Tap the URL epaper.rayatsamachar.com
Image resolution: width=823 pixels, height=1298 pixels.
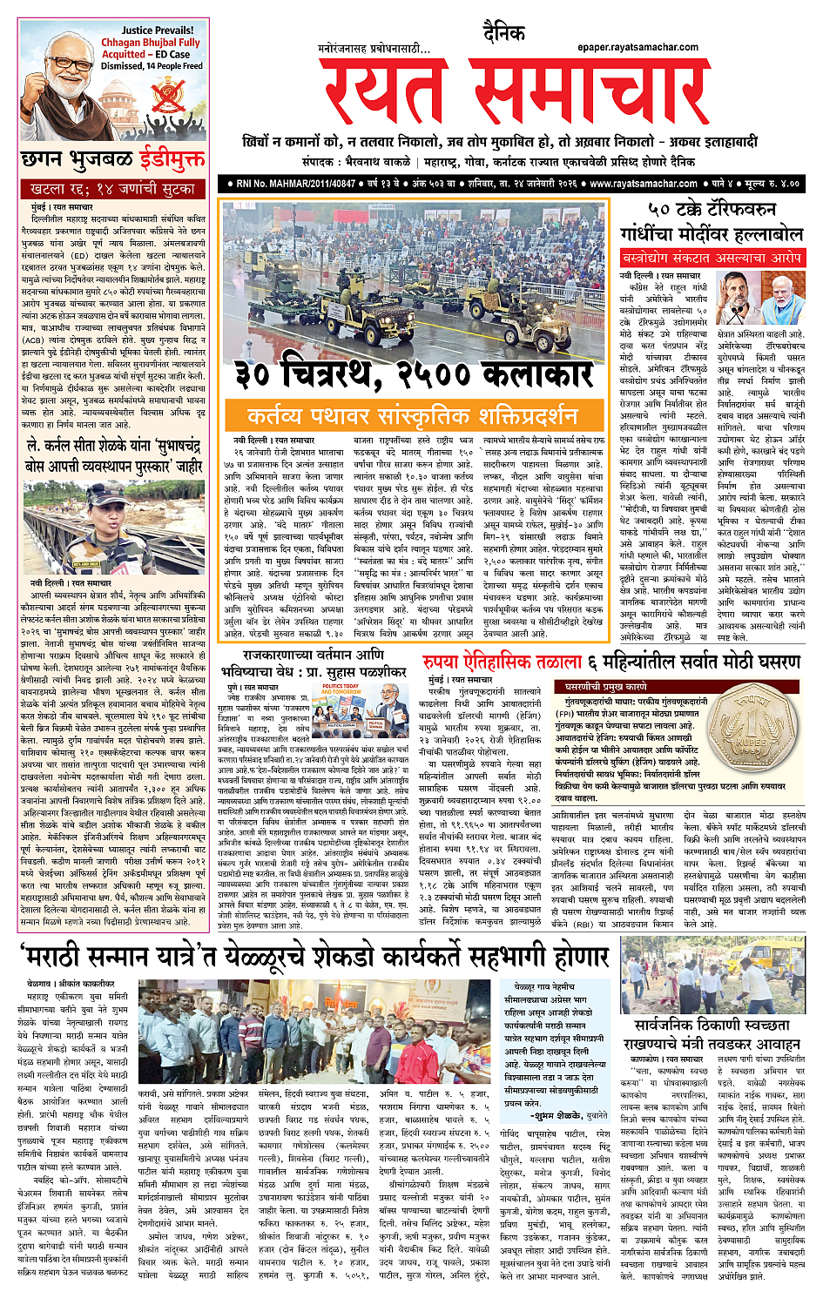click(x=637, y=47)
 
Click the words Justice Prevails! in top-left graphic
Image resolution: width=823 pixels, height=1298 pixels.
click(x=158, y=30)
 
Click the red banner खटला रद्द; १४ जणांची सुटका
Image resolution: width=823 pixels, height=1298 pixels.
click(x=114, y=188)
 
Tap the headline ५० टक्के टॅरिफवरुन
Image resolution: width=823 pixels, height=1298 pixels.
click(x=712, y=210)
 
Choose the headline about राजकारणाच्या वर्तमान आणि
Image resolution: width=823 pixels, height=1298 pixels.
click(x=314, y=652)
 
